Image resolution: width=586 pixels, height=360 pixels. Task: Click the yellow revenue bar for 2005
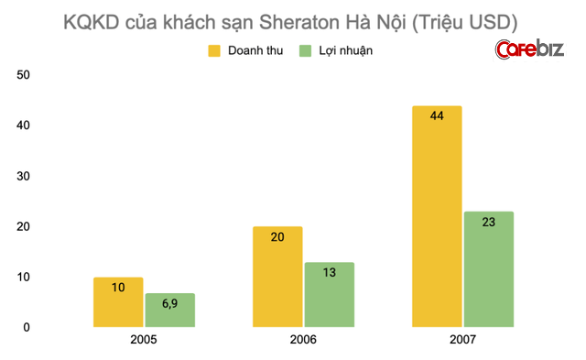pos(118,302)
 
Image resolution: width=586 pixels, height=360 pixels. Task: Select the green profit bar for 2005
pos(169,311)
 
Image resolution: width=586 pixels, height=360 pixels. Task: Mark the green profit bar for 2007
pos(488,269)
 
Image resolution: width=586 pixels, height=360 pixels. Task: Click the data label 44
pos(437,116)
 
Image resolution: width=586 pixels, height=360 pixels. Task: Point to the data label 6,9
pos(169,302)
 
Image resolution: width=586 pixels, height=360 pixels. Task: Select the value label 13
pos(329,271)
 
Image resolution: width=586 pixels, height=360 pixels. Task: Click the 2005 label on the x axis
pos(144,341)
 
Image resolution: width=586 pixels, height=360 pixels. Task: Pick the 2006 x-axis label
pos(303,341)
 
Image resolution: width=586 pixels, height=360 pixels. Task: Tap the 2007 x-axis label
pos(462,341)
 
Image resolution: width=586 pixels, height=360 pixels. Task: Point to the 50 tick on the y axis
pos(25,74)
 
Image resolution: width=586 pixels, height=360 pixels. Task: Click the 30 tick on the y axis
pos(25,176)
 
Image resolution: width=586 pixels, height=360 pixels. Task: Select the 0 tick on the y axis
pos(27,327)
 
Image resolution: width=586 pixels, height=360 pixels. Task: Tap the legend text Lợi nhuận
pos(347,50)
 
